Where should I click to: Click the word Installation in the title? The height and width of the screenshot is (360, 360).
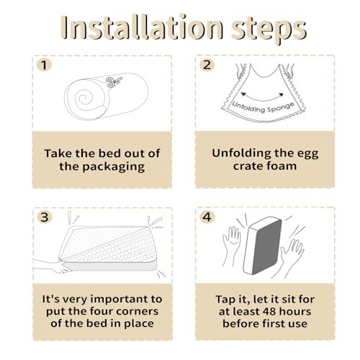pos(143,27)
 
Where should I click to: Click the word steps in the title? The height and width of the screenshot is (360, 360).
pos(269,30)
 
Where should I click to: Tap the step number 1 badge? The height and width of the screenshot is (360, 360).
pos(44,65)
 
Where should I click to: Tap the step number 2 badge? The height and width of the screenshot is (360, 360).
pos(207,65)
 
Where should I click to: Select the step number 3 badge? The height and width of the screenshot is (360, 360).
pos(45,217)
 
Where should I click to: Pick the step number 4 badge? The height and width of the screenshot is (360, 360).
pos(207,217)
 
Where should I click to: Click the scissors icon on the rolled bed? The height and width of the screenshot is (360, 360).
pos(114,82)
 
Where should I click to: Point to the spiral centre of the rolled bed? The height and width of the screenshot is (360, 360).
pos(84,98)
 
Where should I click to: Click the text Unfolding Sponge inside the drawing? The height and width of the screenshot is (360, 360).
pos(264,108)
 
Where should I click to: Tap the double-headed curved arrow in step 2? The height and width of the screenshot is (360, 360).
pos(262,98)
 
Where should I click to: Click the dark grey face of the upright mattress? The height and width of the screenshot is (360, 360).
pos(267,247)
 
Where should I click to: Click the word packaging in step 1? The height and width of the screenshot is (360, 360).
pos(114,167)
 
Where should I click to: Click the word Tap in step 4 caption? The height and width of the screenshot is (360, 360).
pos(225,300)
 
